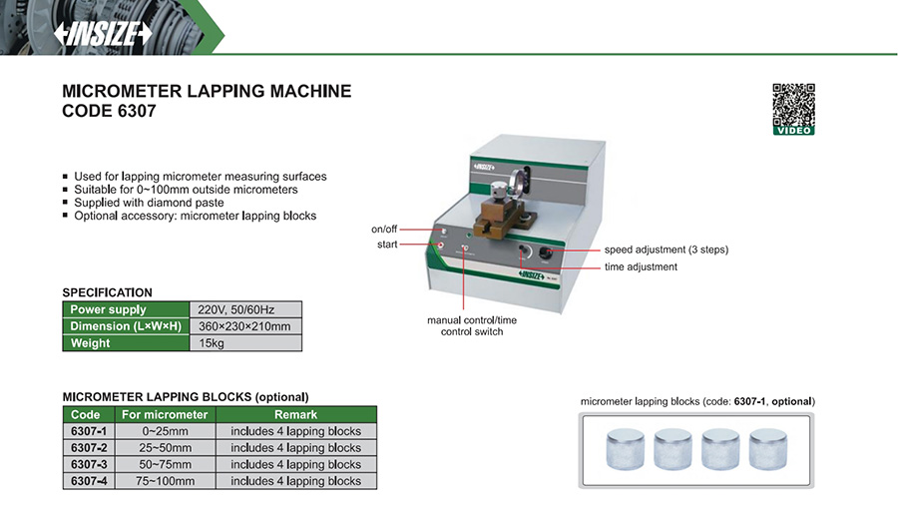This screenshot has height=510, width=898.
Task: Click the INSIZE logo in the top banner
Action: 104,33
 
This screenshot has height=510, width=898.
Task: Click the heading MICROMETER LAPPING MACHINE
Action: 207,91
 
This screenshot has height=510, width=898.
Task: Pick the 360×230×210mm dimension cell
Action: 245,326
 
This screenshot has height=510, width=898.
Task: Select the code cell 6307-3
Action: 90,464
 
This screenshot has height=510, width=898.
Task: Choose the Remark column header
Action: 295,414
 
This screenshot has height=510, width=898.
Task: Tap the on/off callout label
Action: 384,230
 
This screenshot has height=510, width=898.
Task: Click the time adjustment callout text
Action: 641,267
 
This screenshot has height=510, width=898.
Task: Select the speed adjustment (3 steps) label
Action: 666,250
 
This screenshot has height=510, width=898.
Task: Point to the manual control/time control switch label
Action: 472,325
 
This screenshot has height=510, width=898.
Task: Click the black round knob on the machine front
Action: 547,255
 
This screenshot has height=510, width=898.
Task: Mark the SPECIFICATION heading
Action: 108,292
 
